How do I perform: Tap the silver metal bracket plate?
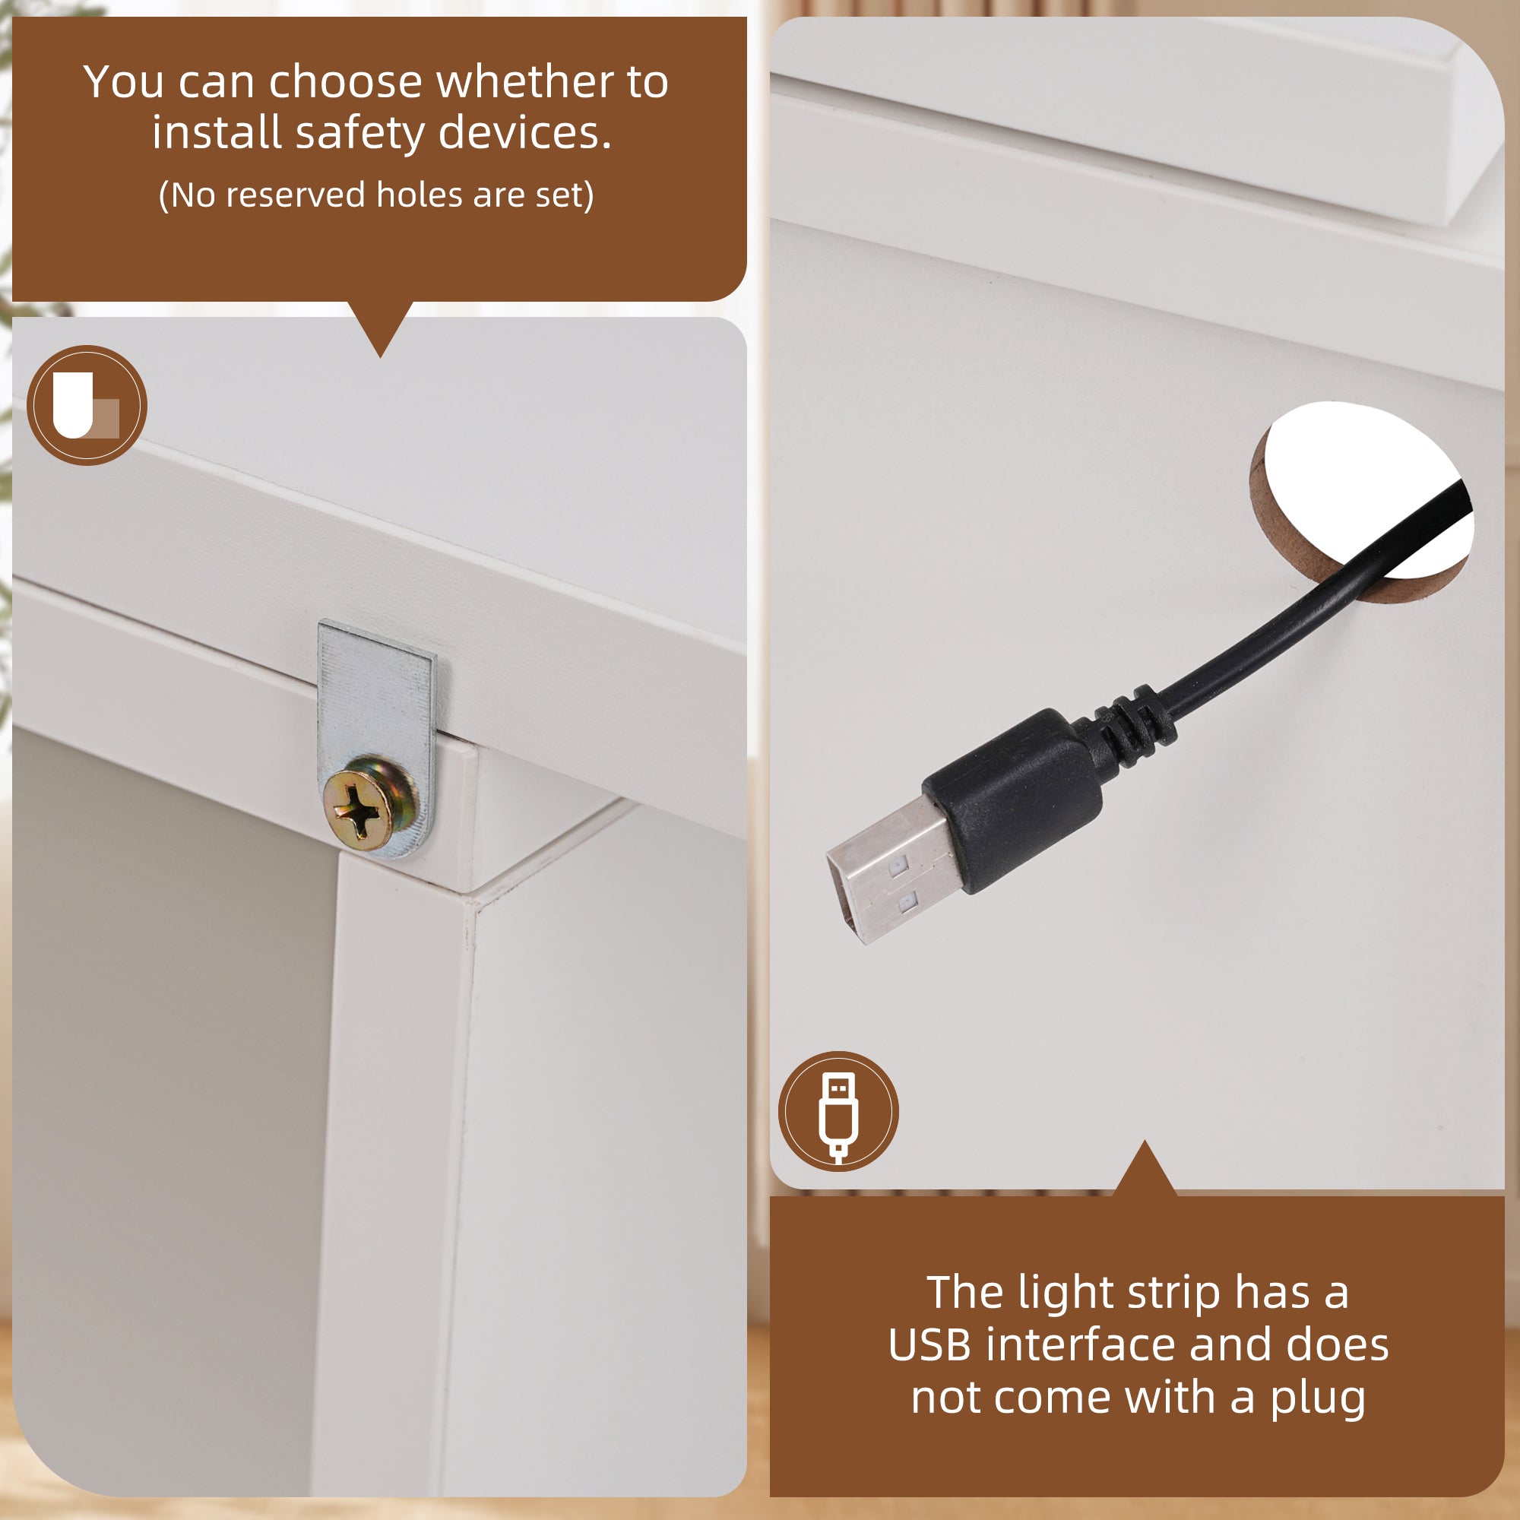point(376,708)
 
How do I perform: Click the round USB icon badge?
point(839,1111)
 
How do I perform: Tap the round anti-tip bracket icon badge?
point(87,405)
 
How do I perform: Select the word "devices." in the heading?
point(524,132)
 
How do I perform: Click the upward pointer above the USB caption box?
point(1145,1167)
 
